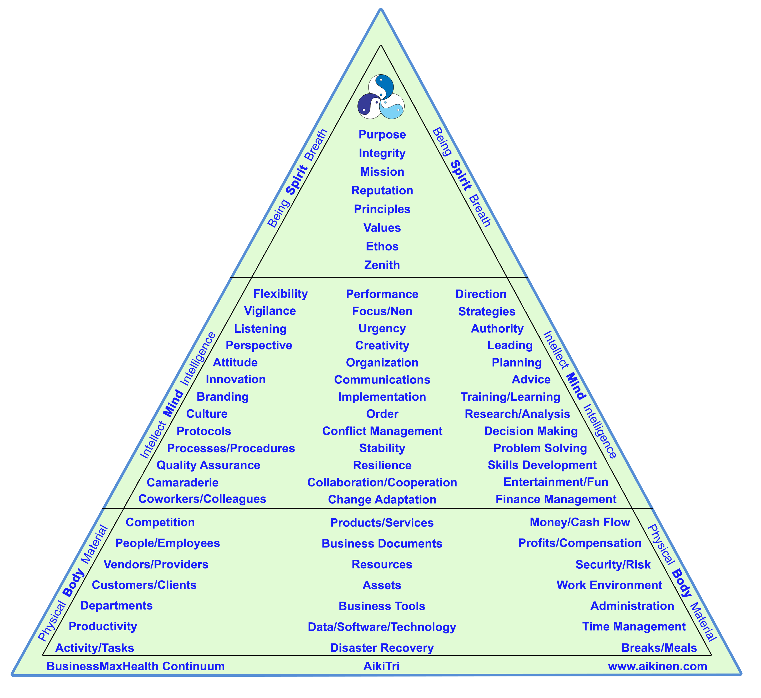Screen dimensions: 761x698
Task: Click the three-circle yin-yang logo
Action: (381, 97)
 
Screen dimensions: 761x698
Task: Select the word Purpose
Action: (382, 135)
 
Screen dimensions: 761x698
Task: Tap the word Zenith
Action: (382, 265)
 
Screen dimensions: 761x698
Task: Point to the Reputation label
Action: (382, 191)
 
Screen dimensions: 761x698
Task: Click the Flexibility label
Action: (280, 294)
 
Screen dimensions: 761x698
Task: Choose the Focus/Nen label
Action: (382, 311)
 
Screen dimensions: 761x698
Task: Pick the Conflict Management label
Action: (382, 431)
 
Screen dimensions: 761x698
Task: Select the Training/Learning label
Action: (510, 397)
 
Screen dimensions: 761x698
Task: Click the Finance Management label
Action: (556, 499)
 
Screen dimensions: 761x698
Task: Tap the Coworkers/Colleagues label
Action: (202, 499)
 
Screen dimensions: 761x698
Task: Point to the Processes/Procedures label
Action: (231, 448)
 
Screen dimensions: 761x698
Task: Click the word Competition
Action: (160, 522)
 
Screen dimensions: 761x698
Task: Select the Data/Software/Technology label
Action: (382, 627)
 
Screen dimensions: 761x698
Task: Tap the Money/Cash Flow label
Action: (580, 522)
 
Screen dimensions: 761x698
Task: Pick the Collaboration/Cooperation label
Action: (382, 482)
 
